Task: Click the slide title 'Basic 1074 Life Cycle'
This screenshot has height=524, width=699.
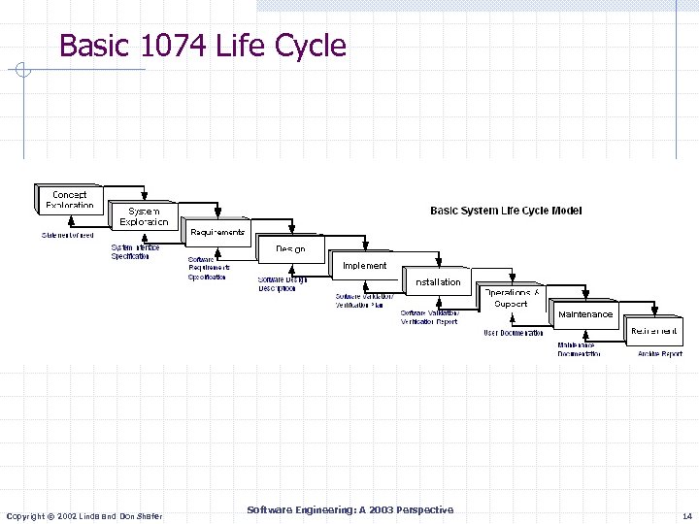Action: tap(202, 45)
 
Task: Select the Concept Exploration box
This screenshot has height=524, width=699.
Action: tap(70, 199)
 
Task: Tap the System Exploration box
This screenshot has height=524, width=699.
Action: tap(144, 216)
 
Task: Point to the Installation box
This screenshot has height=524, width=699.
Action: tap(438, 282)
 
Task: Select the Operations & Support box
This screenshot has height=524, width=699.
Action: tap(512, 299)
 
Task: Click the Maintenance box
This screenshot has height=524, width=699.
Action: tap(585, 314)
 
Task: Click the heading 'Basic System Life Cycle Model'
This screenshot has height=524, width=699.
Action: tap(506, 211)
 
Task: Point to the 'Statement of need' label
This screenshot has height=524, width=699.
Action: tap(67, 235)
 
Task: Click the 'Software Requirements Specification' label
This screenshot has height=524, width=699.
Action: tap(208, 268)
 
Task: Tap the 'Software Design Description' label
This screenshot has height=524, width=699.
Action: tap(282, 284)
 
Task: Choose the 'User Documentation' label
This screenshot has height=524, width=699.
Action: tap(514, 333)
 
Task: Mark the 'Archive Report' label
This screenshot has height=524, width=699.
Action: tap(660, 354)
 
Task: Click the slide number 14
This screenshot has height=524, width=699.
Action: tap(686, 516)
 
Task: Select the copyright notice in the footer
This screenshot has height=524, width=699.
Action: tap(84, 515)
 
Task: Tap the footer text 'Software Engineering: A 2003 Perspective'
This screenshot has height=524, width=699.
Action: tap(349, 510)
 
